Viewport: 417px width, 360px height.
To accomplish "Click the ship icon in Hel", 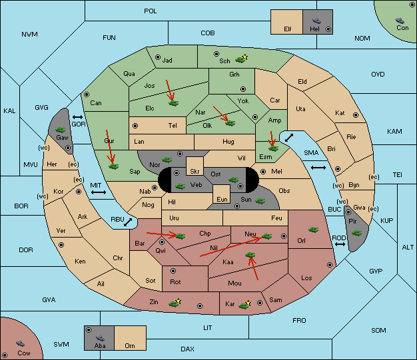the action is point(316,21).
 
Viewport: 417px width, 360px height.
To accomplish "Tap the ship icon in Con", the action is point(400,21).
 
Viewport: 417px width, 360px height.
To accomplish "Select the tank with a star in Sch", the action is point(241,59).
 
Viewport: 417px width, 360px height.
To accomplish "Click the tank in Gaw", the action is point(61,130).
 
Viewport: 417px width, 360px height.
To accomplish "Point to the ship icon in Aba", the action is point(100,338).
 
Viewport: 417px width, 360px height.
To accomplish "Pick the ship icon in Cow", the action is point(20,343).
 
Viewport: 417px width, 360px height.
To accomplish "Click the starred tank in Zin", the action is point(175,303).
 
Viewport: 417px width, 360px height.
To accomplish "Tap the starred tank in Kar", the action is point(244,305).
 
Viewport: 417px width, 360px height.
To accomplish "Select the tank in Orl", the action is point(314,230).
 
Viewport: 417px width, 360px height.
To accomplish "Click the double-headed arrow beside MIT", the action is point(99,192).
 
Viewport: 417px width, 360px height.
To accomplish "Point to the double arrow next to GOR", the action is point(78,117).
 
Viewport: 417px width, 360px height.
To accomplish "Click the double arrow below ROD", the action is point(340,244).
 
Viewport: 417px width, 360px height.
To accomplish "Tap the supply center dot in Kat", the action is point(356,115).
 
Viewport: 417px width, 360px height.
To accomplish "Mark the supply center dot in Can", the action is point(87,94).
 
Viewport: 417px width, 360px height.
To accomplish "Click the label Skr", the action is point(195,172).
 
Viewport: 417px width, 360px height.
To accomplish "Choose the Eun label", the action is point(222,199).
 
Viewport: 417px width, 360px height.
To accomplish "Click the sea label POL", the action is point(151,11).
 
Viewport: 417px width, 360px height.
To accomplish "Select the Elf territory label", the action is point(288,29).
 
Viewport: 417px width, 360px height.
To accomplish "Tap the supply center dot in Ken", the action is point(61,245).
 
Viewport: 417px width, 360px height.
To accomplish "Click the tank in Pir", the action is point(356,233).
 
